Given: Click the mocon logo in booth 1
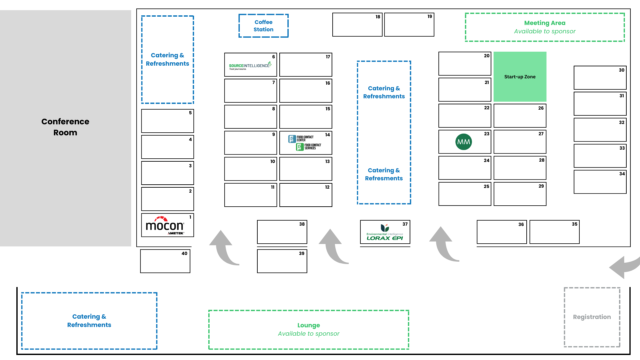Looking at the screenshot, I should pyautogui.click(x=165, y=226).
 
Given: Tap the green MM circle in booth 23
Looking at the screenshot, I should pyautogui.click(x=463, y=142).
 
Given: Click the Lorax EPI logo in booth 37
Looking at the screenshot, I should pyautogui.click(x=385, y=233).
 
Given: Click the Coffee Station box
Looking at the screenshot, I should pyautogui.click(x=263, y=26).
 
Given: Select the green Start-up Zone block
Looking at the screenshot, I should pyautogui.click(x=520, y=77).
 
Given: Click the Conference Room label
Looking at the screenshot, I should pyautogui.click(x=65, y=127).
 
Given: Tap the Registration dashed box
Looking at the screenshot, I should pyautogui.click(x=592, y=317).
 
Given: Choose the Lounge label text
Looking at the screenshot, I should pyautogui.click(x=308, y=325).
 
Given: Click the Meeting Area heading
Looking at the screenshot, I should pyautogui.click(x=544, y=23).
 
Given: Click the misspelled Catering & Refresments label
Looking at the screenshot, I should pyautogui.click(x=384, y=174).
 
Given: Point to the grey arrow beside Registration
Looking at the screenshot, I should pyautogui.click(x=623, y=267).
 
